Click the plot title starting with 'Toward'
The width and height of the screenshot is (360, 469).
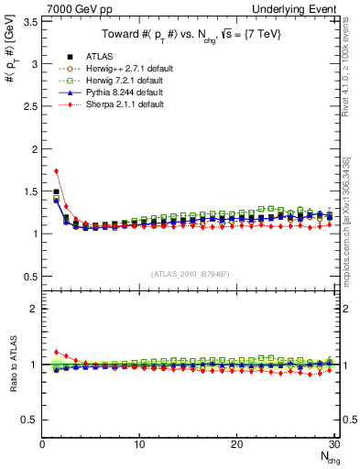tap(191, 35)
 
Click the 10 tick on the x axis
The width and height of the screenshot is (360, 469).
tap(139, 445)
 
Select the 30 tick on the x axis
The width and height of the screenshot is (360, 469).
tap(333, 445)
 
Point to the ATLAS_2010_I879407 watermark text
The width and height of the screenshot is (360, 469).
tap(191, 275)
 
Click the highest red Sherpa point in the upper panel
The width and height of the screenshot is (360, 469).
tap(57, 170)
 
